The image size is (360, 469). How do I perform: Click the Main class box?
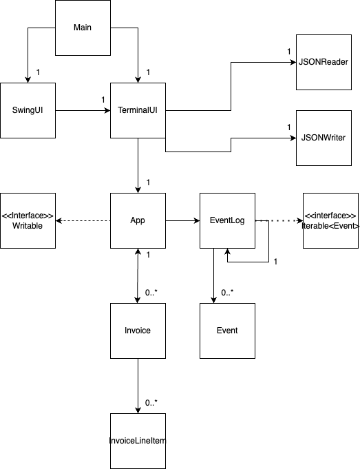[x=83, y=28]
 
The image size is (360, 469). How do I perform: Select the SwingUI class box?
[x=28, y=110]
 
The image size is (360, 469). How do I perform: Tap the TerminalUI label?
[x=138, y=110]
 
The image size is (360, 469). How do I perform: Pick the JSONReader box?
[x=324, y=62]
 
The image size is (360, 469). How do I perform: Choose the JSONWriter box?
[x=324, y=138]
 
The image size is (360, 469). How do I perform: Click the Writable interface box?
[x=28, y=221]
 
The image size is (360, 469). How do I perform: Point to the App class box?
[x=138, y=221]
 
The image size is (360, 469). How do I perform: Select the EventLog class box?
[x=228, y=221]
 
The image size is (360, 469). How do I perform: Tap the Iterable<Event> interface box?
[x=330, y=221]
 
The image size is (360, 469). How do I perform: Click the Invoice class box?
[x=138, y=331]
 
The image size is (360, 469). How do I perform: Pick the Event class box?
[x=228, y=331]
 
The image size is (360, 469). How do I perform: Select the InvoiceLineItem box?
[x=138, y=441]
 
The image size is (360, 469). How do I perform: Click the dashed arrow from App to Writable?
[x=83, y=221]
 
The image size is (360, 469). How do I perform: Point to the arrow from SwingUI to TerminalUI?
[x=83, y=111]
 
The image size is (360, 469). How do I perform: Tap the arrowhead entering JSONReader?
[x=293, y=62]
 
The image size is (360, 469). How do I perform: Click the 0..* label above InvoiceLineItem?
[x=151, y=403]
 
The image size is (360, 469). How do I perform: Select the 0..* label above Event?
[x=227, y=293]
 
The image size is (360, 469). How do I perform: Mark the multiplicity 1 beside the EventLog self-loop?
[x=275, y=262]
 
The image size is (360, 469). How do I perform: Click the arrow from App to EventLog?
[x=182, y=221]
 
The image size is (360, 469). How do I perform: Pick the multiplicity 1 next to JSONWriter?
[x=289, y=127]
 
